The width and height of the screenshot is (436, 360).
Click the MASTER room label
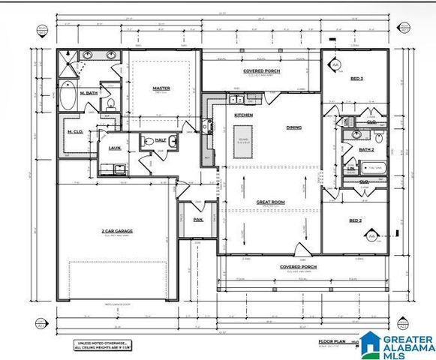click(x=161, y=88)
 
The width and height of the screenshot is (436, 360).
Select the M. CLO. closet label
click(x=74, y=132)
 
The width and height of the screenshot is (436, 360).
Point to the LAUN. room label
click(x=114, y=148)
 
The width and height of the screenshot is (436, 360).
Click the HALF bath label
click(x=161, y=140)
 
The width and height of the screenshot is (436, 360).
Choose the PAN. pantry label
click(x=198, y=219)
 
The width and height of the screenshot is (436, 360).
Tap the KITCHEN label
click(x=244, y=115)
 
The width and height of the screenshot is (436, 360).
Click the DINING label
click(x=293, y=127)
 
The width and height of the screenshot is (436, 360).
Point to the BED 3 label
click(x=356, y=78)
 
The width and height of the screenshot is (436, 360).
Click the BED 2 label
click(x=356, y=221)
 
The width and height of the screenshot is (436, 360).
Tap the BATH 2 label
click(x=366, y=150)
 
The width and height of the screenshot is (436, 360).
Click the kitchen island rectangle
click(x=243, y=142)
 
